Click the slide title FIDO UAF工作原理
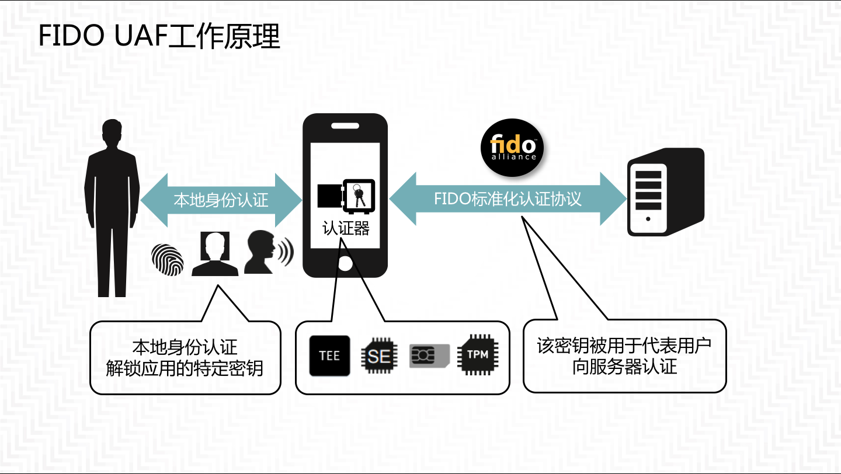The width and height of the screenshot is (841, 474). [159, 37]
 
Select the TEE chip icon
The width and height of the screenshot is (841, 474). [329, 355]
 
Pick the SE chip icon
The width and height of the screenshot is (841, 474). [379, 355]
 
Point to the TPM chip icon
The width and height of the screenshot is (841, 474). [477, 354]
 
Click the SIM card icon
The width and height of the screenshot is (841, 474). [429, 355]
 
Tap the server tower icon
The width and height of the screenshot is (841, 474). [665, 192]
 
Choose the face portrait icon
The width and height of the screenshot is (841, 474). [214, 253]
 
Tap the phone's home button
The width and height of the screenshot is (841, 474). [345, 264]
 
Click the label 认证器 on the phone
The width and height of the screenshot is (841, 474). [346, 228]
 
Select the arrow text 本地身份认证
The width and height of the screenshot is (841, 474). [221, 200]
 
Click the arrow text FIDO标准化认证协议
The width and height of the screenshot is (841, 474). [508, 198]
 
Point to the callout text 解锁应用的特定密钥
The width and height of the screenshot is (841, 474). [185, 368]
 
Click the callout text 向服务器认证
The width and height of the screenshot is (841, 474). [624, 367]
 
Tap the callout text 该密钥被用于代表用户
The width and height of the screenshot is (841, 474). [624, 345]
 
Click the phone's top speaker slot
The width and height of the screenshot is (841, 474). [345, 125]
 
